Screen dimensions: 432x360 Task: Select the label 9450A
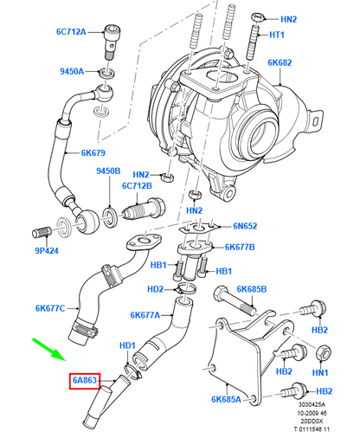coord(71,72)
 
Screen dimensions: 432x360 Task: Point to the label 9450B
coord(108,171)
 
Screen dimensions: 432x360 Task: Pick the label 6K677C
coord(52,307)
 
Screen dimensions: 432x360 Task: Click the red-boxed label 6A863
coord(86,379)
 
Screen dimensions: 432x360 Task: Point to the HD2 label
coord(156,289)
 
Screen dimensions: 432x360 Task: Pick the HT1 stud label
coord(277,35)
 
